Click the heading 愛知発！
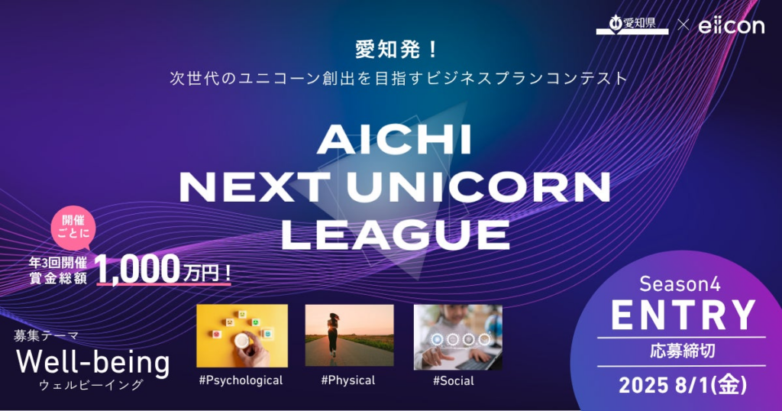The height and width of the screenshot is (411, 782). [396, 50]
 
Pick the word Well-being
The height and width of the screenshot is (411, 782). [92, 361]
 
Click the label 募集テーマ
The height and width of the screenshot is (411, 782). [45, 335]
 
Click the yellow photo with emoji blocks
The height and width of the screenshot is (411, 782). [242, 335]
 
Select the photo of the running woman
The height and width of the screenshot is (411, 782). [349, 337]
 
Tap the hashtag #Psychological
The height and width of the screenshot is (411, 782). [240, 380]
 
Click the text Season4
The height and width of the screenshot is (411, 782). [680, 284]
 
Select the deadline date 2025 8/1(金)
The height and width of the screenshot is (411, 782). [681, 382]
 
